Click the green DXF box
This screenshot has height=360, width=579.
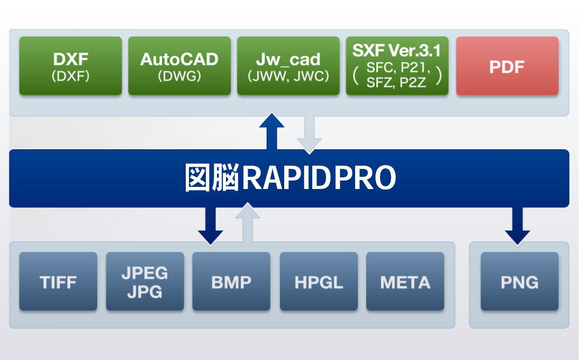tap(70, 66)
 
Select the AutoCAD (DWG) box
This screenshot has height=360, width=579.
tap(179, 66)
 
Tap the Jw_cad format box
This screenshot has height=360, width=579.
tap(288, 66)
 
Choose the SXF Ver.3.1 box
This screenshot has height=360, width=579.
tap(397, 66)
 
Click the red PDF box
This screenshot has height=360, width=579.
tap(508, 66)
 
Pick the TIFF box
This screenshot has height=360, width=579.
tap(58, 281)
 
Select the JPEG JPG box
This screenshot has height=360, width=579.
tap(145, 281)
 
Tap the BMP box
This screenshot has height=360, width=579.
tap(231, 281)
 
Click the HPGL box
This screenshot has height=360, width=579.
tap(319, 281)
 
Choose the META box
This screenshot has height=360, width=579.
tap(405, 281)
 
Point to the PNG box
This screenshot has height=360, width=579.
tap(520, 281)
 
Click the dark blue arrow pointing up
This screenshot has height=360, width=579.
tap(272, 131)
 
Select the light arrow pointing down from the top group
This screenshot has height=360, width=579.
tap(310, 135)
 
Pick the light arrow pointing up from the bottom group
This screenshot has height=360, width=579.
tap(248, 223)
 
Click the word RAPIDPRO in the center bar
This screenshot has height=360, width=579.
tap(319, 178)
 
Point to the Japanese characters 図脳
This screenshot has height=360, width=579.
tap(212, 178)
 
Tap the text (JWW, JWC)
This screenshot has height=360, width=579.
tap(288, 76)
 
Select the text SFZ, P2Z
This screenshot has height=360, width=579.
tap(396, 83)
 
